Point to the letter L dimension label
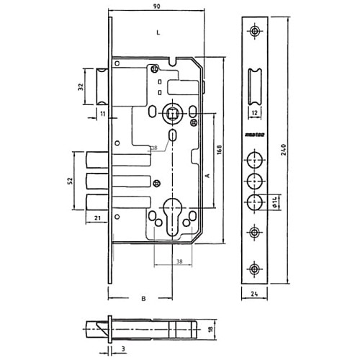pos(158,33)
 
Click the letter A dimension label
pos(207,175)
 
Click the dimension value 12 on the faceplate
pos(257,112)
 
